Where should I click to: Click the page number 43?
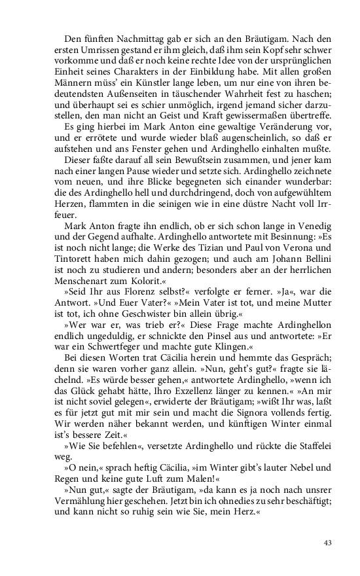click(329, 543)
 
